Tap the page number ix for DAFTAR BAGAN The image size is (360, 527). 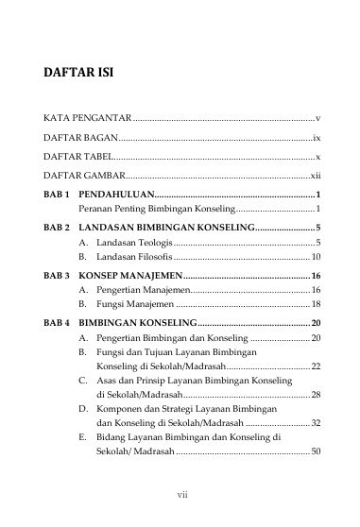click(x=317, y=138)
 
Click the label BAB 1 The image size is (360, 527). click(x=58, y=193)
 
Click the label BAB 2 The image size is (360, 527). click(x=58, y=228)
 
